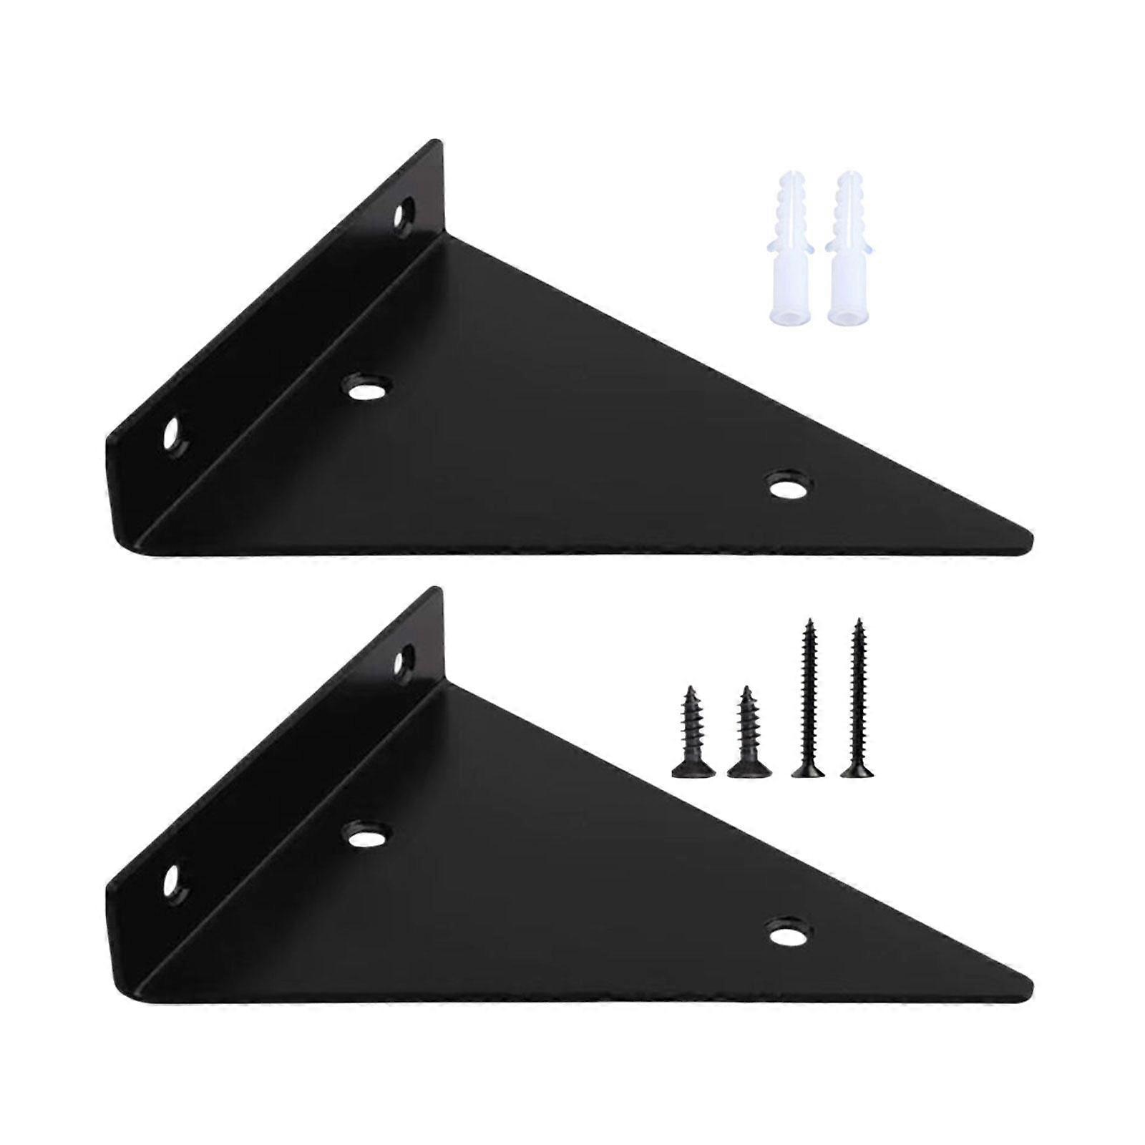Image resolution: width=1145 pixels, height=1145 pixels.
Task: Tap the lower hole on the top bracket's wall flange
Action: [x=172, y=434]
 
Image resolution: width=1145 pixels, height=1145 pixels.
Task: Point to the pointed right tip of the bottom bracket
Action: [x=1029, y=982]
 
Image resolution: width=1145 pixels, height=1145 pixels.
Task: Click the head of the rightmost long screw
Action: [x=857, y=771]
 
